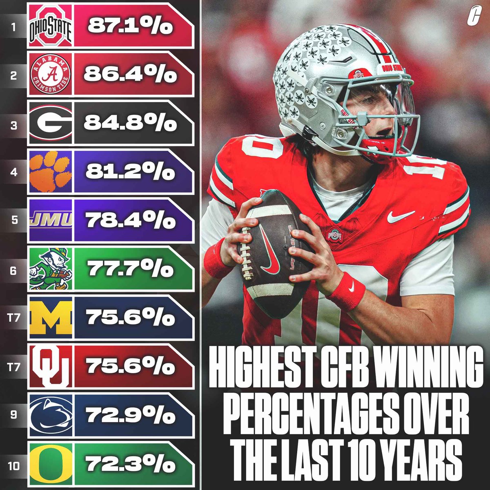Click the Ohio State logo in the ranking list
[x=51, y=26]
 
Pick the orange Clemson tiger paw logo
[x=51, y=172]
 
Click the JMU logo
[x=51, y=221]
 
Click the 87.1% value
[x=130, y=27]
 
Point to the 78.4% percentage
[x=130, y=221]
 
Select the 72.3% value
[x=130, y=464]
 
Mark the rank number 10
[x=13, y=465]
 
